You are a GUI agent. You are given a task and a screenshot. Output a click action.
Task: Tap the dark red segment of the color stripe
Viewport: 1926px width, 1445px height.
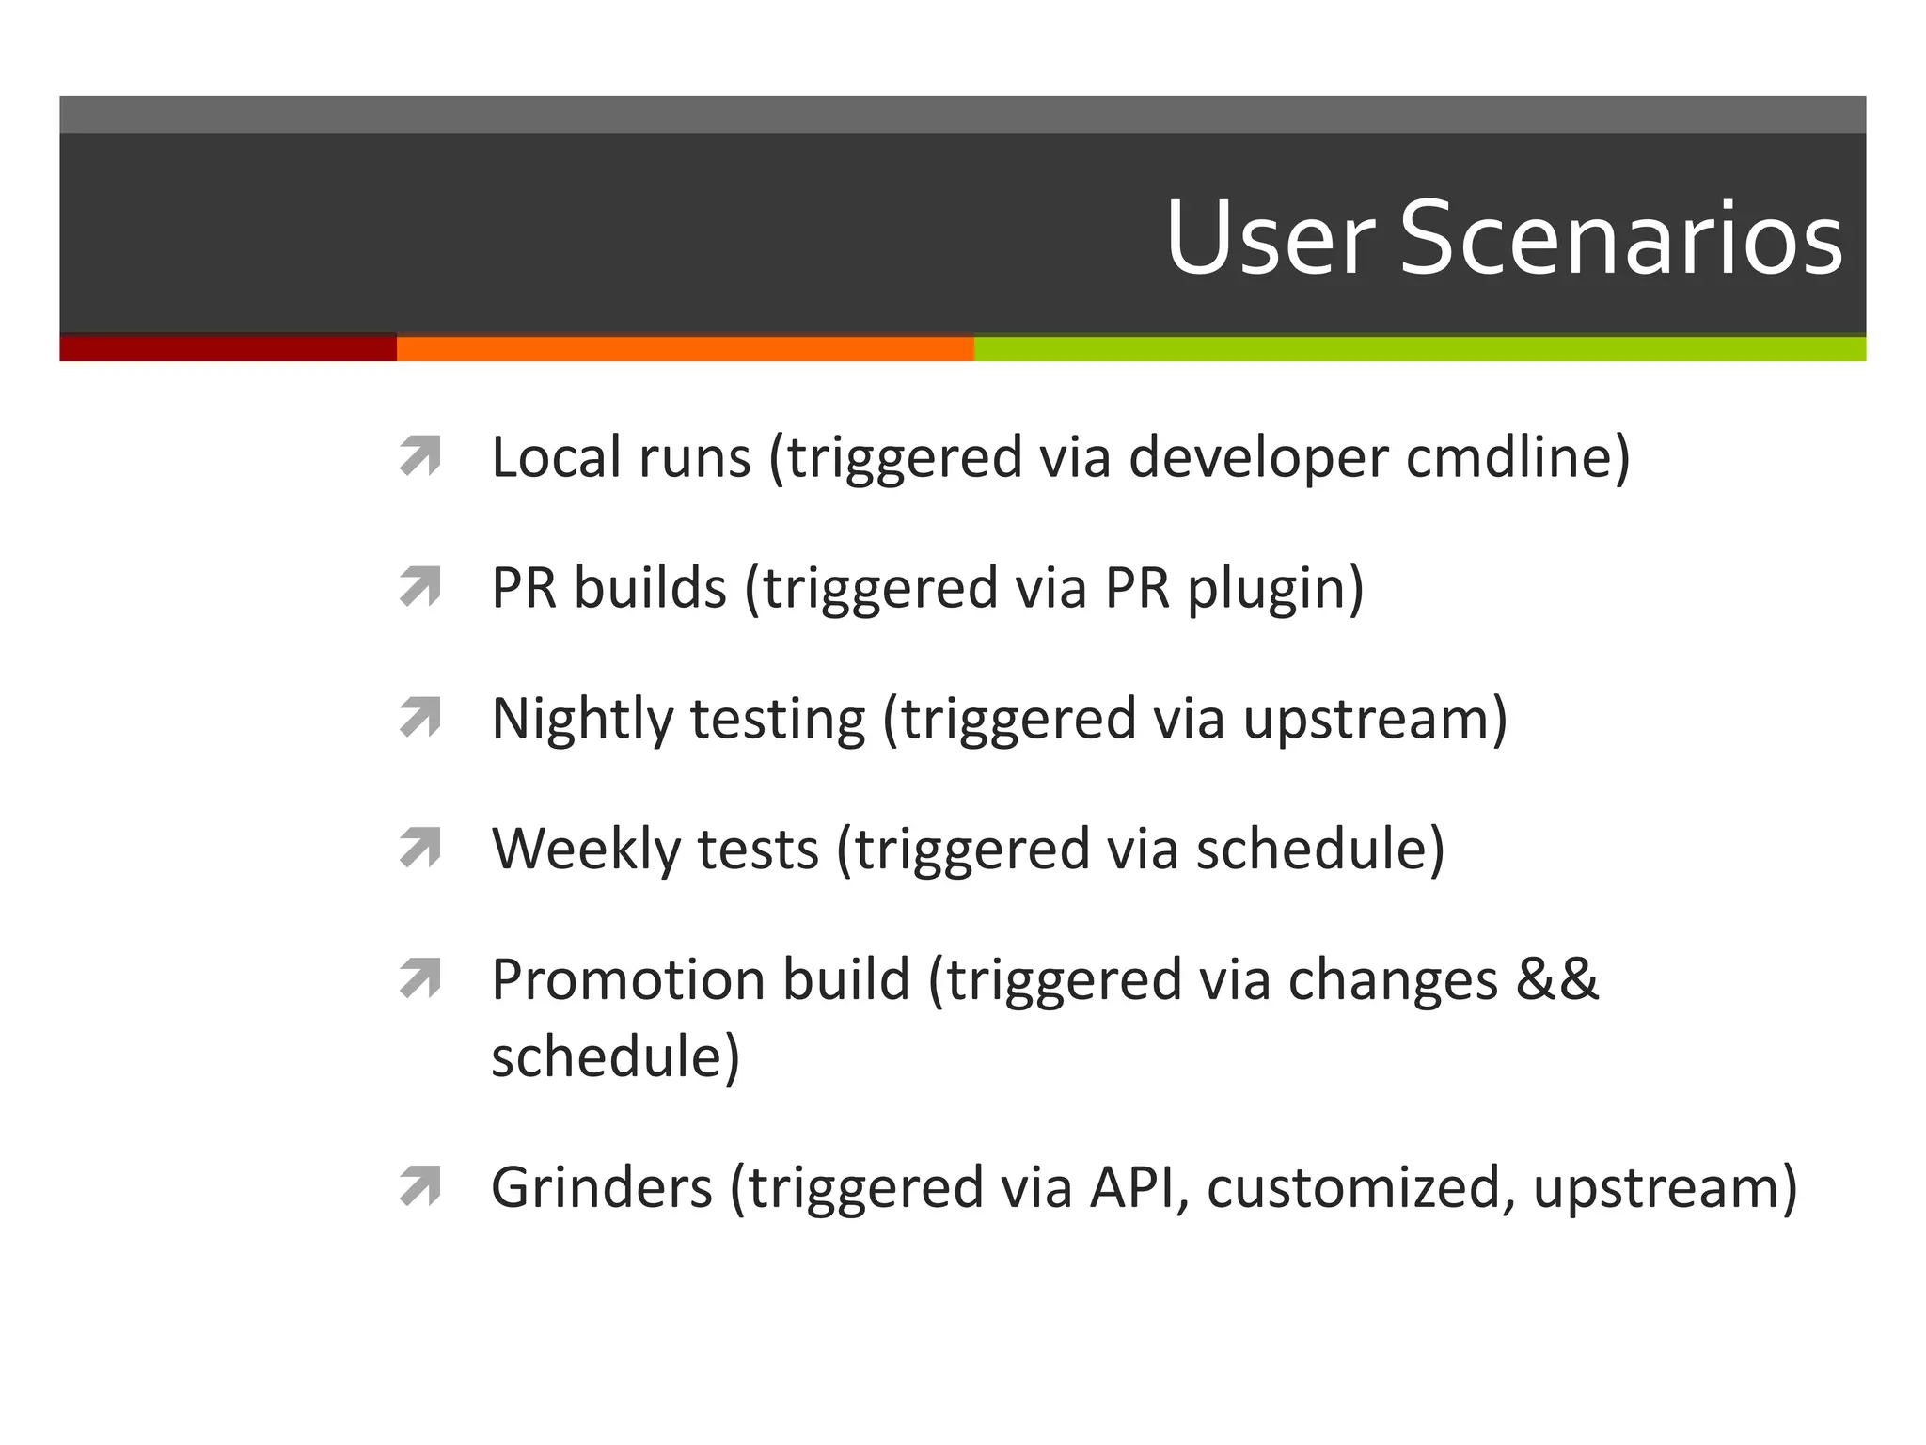(x=228, y=348)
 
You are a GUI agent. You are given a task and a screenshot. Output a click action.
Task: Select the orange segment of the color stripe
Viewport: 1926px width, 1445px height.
(x=685, y=348)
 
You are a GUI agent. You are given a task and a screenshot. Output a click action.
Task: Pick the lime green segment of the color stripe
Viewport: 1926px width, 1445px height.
(x=1419, y=348)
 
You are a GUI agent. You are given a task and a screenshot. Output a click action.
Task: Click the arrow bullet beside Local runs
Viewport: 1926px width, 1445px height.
(x=419, y=456)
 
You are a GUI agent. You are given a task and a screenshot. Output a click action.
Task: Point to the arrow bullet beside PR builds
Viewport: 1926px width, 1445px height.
(x=419, y=587)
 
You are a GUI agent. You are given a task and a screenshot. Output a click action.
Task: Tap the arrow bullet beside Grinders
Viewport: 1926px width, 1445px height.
(x=419, y=1186)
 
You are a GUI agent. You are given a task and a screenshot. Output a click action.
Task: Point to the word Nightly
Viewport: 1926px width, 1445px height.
(x=582, y=720)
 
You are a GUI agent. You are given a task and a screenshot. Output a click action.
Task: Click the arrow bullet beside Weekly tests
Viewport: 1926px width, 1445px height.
(x=419, y=849)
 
